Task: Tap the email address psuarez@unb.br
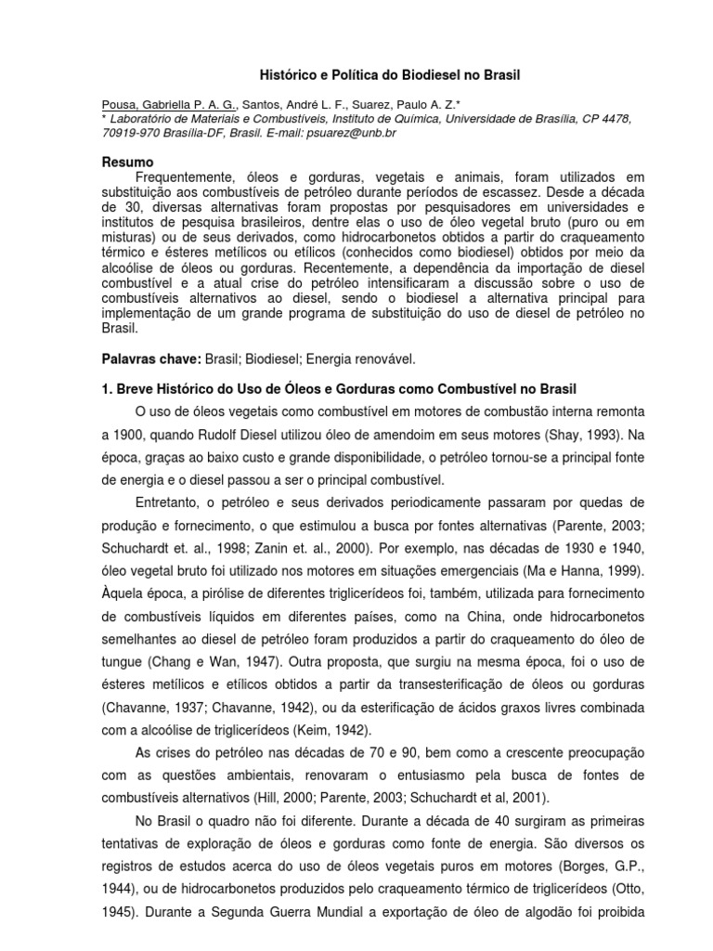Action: (356, 133)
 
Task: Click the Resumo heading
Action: (128, 163)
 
